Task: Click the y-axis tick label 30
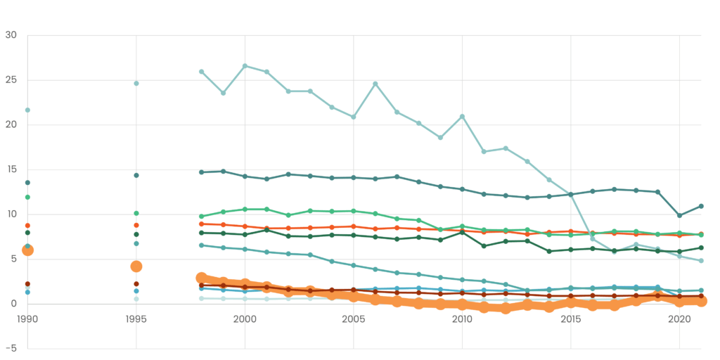point(11,35)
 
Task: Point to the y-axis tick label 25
point(11,80)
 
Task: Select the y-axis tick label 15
point(11,169)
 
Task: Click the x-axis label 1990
point(27,319)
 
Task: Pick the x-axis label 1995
point(136,319)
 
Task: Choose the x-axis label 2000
point(245,319)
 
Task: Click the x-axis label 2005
point(354,319)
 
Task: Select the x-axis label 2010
point(462,319)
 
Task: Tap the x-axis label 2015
point(571,319)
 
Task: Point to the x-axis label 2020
point(679,319)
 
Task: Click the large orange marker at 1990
point(27,250)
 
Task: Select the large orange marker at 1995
point(136,266)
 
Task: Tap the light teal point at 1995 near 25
point(136,84)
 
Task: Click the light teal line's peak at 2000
point(245,66)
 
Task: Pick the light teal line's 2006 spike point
point(375,84)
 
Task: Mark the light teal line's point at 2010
point(462,117)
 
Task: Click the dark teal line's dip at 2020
point(679,215)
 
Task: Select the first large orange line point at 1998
point(202,278)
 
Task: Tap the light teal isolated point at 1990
point(27,110)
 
